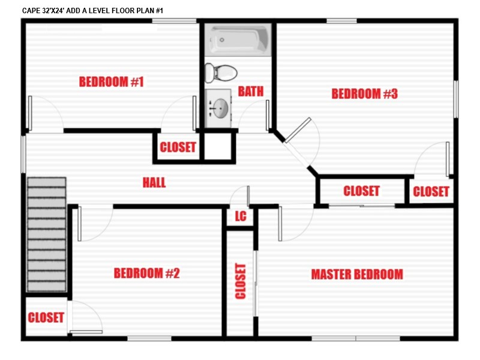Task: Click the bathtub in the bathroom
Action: [x=238, y=40]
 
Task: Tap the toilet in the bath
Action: [x=221, y=73]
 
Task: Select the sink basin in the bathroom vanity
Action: [x=220, y=108]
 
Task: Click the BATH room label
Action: [x=251, y=91]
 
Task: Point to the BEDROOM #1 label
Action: [x=112, y=82]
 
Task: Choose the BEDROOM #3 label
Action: [x=365, y=94]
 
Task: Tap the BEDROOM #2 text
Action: [x=146, y=273]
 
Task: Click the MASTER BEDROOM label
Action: [x=357, y=274]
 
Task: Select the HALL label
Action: [x=154, y=183]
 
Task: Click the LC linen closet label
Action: [x=241, y=216]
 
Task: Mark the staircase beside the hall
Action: [x=47, y=235]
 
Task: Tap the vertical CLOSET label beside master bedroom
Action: [x=241, y=281]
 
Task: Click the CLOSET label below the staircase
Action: [x=46, y=317]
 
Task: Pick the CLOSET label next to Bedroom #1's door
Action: [x=178, y=147]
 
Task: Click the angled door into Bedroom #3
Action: [x=298, y=130]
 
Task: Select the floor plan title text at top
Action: [x=92, y=11]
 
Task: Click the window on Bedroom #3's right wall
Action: [x=456, y=99]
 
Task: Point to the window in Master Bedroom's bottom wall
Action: [x=356, y=338]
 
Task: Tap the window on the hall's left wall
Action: [x=23, y=154]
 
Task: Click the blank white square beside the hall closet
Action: [x=218, y=146]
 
